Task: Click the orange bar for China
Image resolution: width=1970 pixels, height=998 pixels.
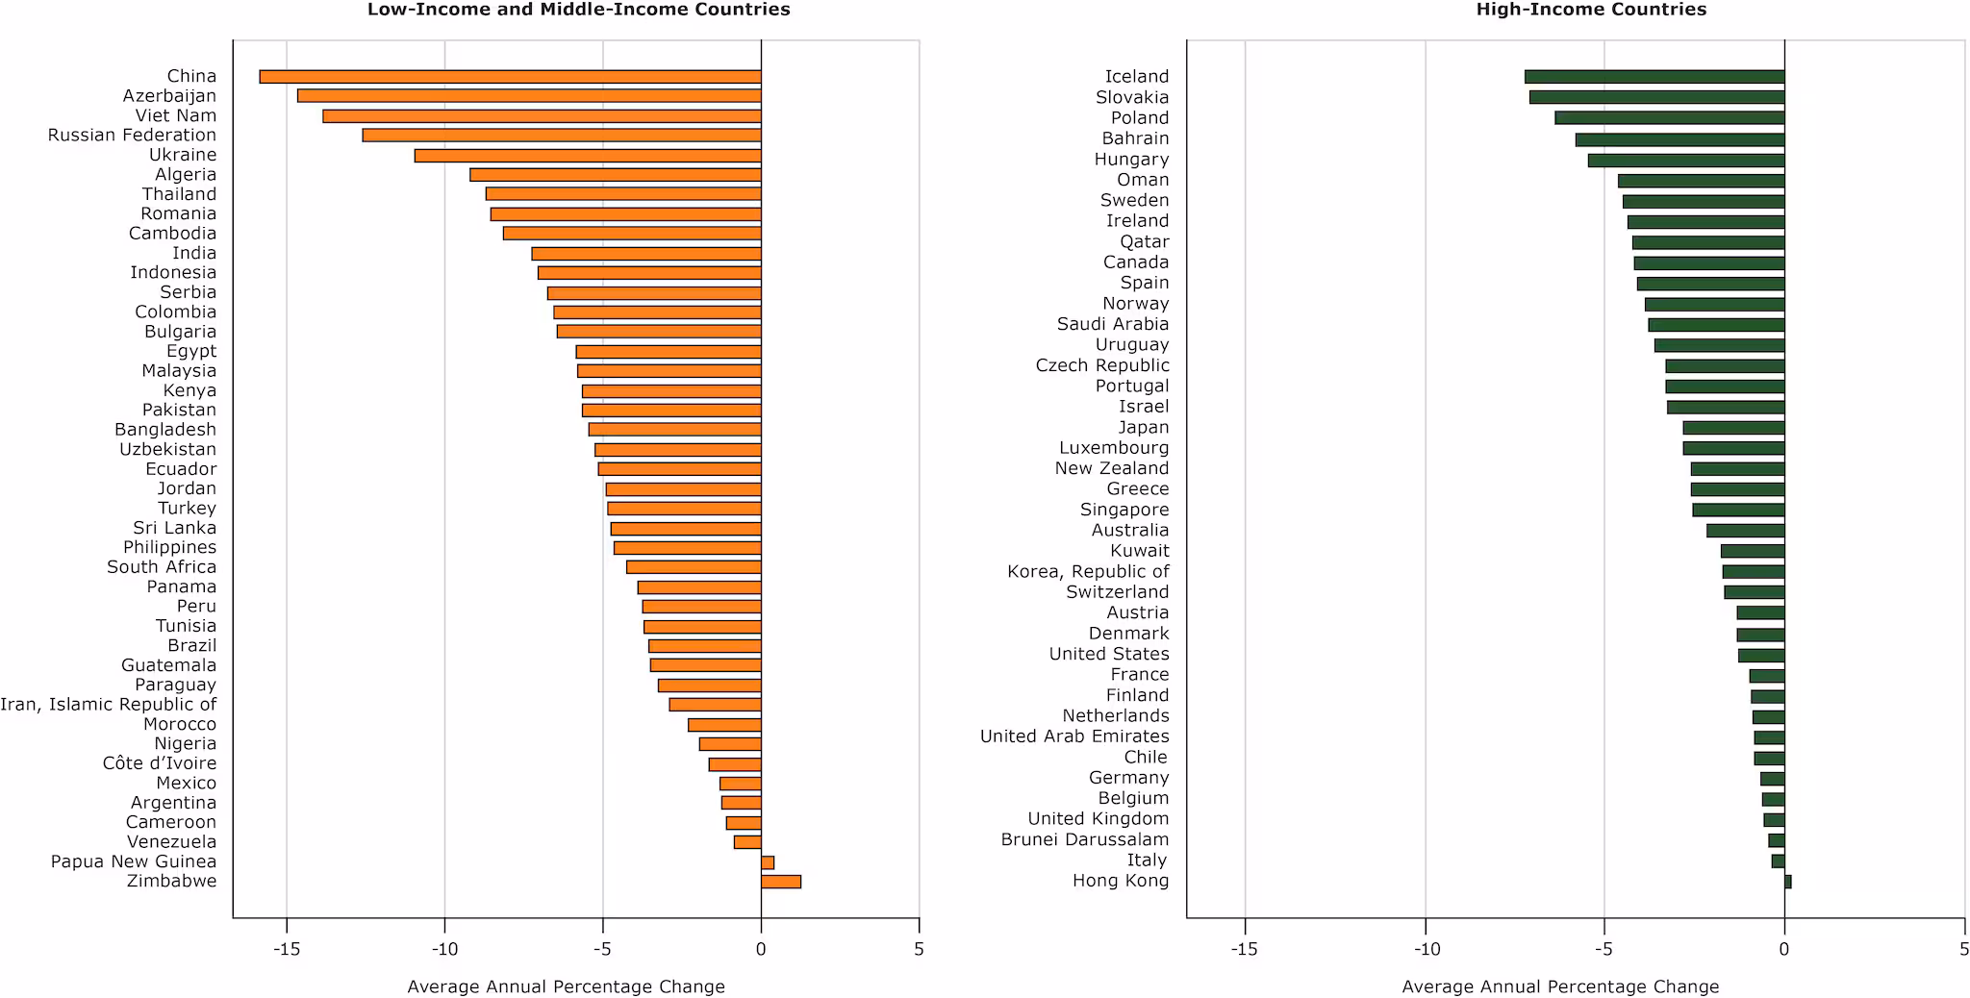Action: click(x=510, y=77)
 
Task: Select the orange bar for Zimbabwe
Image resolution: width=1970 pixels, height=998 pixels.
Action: click(x=780, y=882)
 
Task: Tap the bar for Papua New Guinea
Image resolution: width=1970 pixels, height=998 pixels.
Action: click(x=768, y=862)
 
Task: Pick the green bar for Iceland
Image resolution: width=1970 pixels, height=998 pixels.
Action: click(x=1654, y=77)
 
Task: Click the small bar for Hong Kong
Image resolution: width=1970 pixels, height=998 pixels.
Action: click(x=1787, y=882)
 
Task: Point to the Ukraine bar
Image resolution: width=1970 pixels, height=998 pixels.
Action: click(x=588, y=156)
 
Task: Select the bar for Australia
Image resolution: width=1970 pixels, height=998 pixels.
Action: click(x=1745, y=531)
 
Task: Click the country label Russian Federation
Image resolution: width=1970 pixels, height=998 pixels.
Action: click(x=132, y=136)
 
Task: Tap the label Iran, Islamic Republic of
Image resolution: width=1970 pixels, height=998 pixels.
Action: click(x=108, y=705)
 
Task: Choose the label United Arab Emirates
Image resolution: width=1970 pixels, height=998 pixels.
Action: click(x=1074, y=736)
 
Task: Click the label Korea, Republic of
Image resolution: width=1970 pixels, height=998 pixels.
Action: click(x=1088, y=572)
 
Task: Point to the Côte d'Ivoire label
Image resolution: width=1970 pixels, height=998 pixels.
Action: click(x=160, y=763)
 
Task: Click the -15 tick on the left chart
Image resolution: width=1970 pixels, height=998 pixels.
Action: click(x=287, y=950)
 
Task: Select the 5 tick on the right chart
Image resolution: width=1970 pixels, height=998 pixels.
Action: click(x=1963, y=950)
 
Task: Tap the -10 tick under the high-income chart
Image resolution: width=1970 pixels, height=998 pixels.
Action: click(x=1426, y=950)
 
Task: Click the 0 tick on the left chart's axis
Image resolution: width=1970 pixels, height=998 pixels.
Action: click(x=761, y=950)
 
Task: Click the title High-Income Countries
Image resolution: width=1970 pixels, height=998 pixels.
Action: click(x=1591, y=10)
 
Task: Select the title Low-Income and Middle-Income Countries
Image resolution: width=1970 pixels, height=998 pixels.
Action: click(x=578, y=10)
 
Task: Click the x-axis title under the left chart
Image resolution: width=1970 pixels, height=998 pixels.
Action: click(x=566, y=986)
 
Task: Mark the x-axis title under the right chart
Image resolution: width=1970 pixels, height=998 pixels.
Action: click(x=1559, y=986)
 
